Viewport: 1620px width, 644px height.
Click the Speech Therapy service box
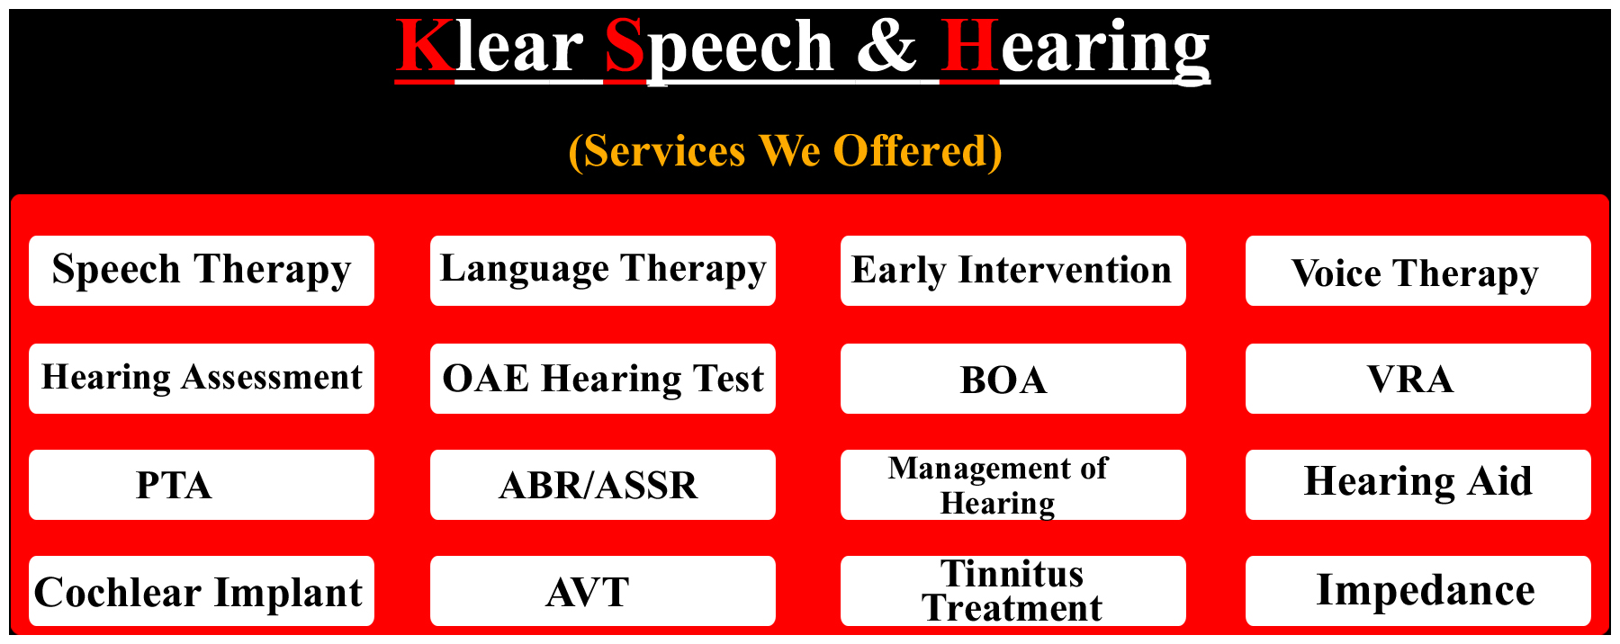(x=202, y=271)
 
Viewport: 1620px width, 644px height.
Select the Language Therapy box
(x=603, y=271)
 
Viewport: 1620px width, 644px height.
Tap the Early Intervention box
(x=1013, y=271)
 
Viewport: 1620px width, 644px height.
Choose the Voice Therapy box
(x=1418, y=271)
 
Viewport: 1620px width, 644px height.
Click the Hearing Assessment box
(x=202, y=379)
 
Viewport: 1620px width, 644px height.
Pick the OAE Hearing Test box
(x=603, y=379)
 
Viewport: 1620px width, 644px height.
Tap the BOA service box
(x=1013, y=379)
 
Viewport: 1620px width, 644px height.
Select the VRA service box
(x=1418, y=379)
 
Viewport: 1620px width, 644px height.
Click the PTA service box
(x=202, y=485)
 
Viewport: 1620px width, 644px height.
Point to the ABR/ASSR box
(x=603, y=485)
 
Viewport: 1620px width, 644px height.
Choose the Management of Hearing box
(x=1013, y=485)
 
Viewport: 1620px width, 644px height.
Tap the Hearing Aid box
(x=1418, y=485)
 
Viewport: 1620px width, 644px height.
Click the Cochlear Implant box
(x=202, y=591)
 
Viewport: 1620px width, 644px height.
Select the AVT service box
(x=603, y=591)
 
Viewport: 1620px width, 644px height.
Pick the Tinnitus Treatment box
(x=1013, y=591)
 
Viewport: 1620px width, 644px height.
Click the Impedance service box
(x=1418, y=591)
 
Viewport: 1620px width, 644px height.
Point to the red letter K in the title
(x=425, y=47)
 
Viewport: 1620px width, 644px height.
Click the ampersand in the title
(x=886, y=47)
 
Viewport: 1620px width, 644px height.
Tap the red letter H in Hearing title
(x=970, y=47)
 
